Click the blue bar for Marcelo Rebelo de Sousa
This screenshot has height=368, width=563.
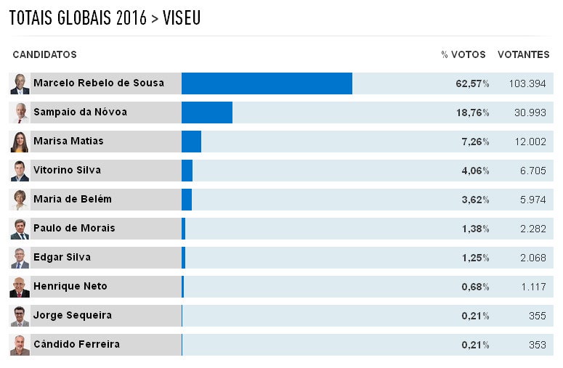pyautogui.click(x=267, y=83)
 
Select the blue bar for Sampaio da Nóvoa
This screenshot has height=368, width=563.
pyautogui.click(x=207, y=113)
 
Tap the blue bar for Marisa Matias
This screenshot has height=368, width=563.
pyautogui.click(x=191, y=142)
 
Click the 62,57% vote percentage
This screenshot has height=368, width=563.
pyautogui.click(x=472, y=83)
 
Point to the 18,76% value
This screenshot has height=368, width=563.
pyautogui.click(x=472, y=113)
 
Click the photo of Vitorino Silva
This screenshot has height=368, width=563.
pyautogui.click(x=20, y=171)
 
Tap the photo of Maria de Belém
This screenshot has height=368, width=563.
pyautogui.click(x=20, y=200)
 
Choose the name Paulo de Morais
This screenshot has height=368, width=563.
pyautogui.click(x=74, y=228)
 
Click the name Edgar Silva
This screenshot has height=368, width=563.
pyautogui.click(x=62, y=257)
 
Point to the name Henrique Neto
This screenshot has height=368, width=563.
pyautogui.click(x=70, y=286)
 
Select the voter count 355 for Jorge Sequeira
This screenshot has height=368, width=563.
pyautogui.click(x=538, y=316)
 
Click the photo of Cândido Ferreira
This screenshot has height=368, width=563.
pyautogui.click(x=20, y=345)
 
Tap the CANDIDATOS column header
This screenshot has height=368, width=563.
pyautogui.click(x=44, y=55)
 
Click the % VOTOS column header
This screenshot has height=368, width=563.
pyautogui.click(x=463, y=55)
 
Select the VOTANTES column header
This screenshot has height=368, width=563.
pyautogui.click(x=523, y=55)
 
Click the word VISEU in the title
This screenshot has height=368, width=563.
pyautogui.click(x=182, y=18)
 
